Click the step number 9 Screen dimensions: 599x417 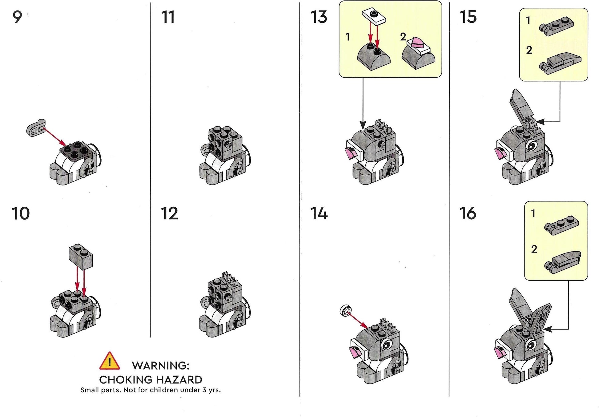pos(17,17)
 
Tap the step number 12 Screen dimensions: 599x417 pos(170,213)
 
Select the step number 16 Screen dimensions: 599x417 pos(468,213)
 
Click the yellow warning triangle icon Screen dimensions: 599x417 pos(110,361)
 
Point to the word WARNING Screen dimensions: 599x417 pos(161,366)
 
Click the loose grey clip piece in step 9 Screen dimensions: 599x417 pos(36,128)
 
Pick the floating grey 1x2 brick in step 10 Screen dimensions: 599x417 pos(81,257)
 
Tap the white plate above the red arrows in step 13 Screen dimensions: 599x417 pos(374,17)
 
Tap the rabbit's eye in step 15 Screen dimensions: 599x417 pos(532,146)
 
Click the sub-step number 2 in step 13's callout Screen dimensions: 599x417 pos(403,37)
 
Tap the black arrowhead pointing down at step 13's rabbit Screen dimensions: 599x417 pos(363,125)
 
